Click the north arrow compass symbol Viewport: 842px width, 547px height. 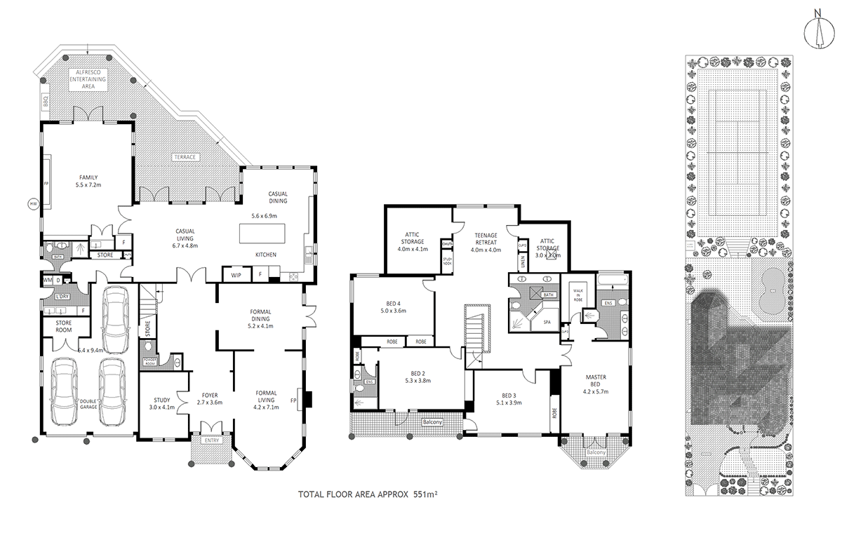coord(817,30)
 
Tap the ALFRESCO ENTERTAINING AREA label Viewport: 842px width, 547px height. coord(87,80)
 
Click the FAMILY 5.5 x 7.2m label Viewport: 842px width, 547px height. coord(88,181)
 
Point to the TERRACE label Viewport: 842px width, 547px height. coord(186,156)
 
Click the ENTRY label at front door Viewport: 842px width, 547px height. coord(211,440)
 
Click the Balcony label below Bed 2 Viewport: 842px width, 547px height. coord(432,422)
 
